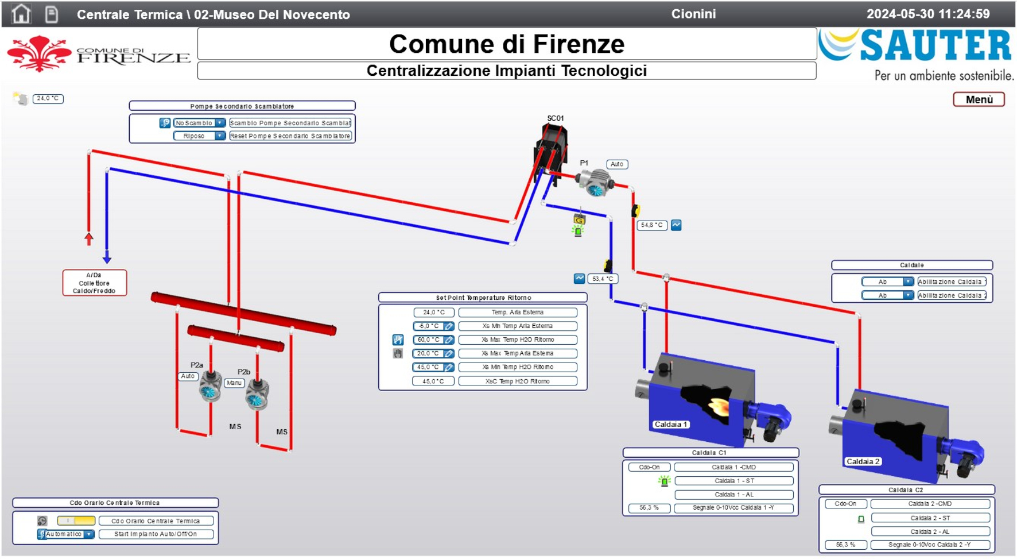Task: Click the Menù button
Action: pyautogui.click(x=979, y=99)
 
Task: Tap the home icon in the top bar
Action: pyautogui.click(x=21, y=14)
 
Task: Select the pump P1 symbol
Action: pyautogui.click(x=595, y=183)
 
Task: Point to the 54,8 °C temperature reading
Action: pyautogui.click(x=651, y=225)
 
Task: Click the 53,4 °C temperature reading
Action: pyautogui.click(x=602, y=279)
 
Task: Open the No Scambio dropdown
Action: pyautogui.click(x=199, y=123)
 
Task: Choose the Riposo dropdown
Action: pyautogui.click(x=199, y=136)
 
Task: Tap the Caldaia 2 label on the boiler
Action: pyautogui.click(x=863, y=461)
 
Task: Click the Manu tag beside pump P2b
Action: pyautogui.click(x=234, y=383)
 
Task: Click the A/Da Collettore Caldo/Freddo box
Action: pyautogui.click(x=94, y=283)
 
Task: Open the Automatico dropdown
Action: pyautogui.click(x=66, y=534)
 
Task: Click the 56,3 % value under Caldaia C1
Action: pyautogui.click(x=649, y=508)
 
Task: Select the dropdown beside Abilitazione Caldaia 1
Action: pyautogui.click(x=887, y=282)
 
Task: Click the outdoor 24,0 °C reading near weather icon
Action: pyautogui.click(x=48, y=98)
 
